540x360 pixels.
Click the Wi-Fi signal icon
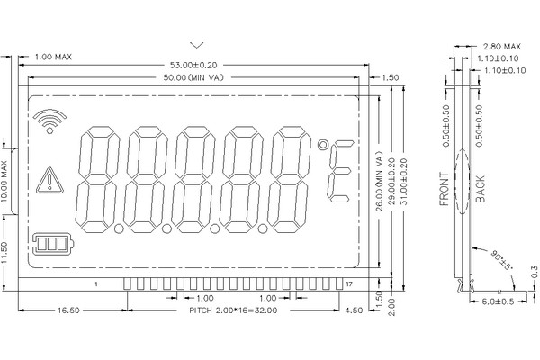(x=49, y=121)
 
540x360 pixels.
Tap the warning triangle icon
(x=49, y=181)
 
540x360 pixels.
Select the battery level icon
(x=53, y=244)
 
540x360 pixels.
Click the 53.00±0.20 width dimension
(x=193, y=65)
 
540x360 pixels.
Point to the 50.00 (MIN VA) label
(x=193, y=77)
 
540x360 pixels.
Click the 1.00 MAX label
(x=53, y=57)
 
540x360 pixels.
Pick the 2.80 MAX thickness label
(x=502, y=46)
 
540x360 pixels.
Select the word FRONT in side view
(x=445, y=189)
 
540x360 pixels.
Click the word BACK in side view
(x=481, y=189)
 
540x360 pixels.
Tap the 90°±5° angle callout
(x=502, y=260)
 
